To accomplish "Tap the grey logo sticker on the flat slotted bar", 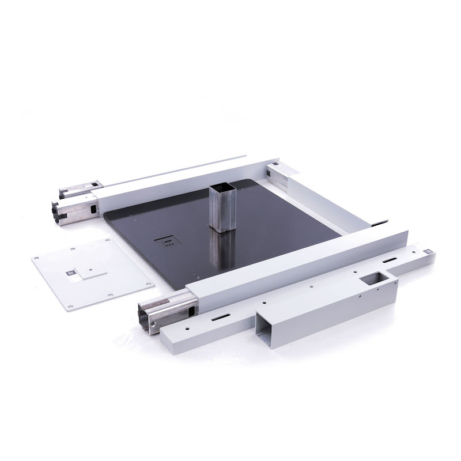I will point(430,252).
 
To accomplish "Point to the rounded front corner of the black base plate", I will point(175,286).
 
